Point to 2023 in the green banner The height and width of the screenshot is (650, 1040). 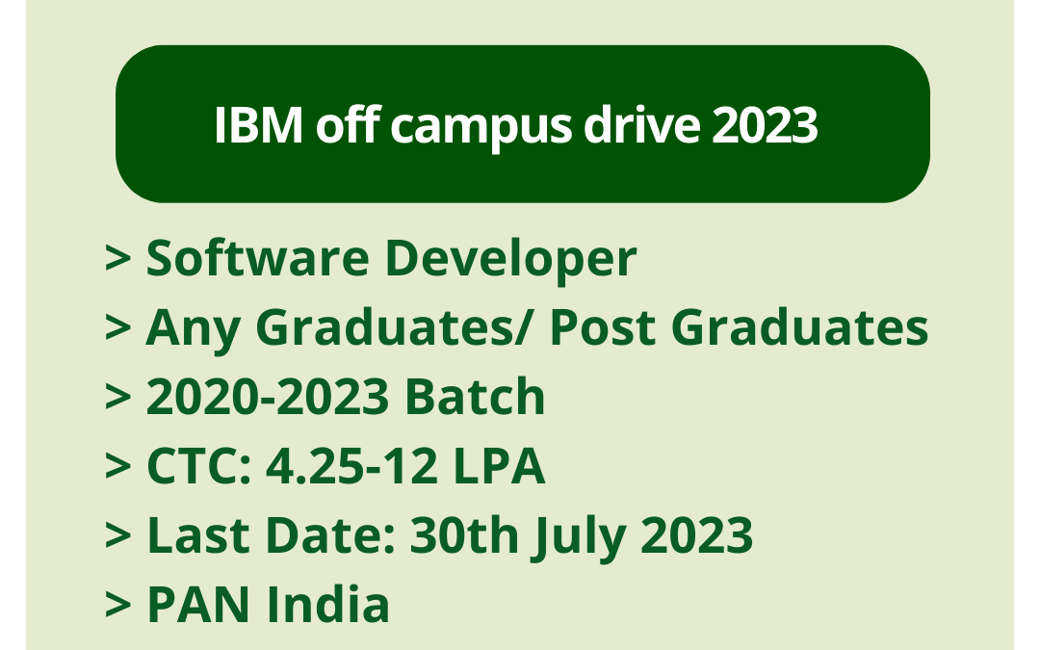point(765,127)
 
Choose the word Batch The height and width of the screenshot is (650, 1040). point(474,397)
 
